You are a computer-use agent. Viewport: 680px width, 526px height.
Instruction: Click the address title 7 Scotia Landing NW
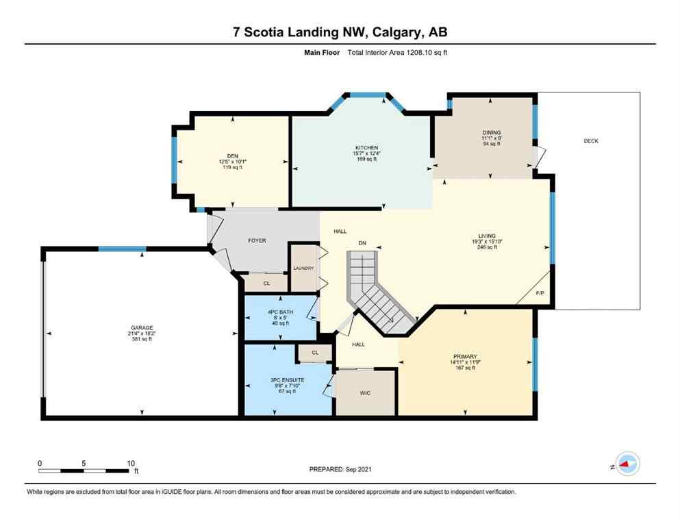pyautogui.click(x=340, y=32)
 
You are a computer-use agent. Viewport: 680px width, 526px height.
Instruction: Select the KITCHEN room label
pyautogui.click(x=366, y=148)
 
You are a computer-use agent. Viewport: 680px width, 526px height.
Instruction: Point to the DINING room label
pyautogui.click(x=491, y=133)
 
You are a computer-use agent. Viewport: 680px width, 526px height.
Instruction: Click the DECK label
pyautogui.click(x=591, y=141)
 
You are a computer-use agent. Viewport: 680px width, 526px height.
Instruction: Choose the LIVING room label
pyautogui.click(x=486, y=236)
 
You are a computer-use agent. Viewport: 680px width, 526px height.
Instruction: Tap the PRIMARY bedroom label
pyautogui.click(x=463, y=356)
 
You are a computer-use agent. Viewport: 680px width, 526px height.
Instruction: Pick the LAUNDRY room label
pyautogui.click(x=303, y=268)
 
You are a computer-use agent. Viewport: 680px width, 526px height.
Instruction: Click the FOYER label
pyautogui.click(x=256, y=240)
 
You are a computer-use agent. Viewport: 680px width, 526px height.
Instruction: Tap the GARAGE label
pyautogui.click(x=142, y=327)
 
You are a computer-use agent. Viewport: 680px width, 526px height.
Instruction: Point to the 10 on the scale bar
pyautogui.click(x=130, y=463)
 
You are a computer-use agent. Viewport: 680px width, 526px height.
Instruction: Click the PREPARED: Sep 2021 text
pyautogui.click(x=340, y=469)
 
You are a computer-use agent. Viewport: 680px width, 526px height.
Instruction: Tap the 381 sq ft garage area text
pyautogui.click(x=142, y=340)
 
